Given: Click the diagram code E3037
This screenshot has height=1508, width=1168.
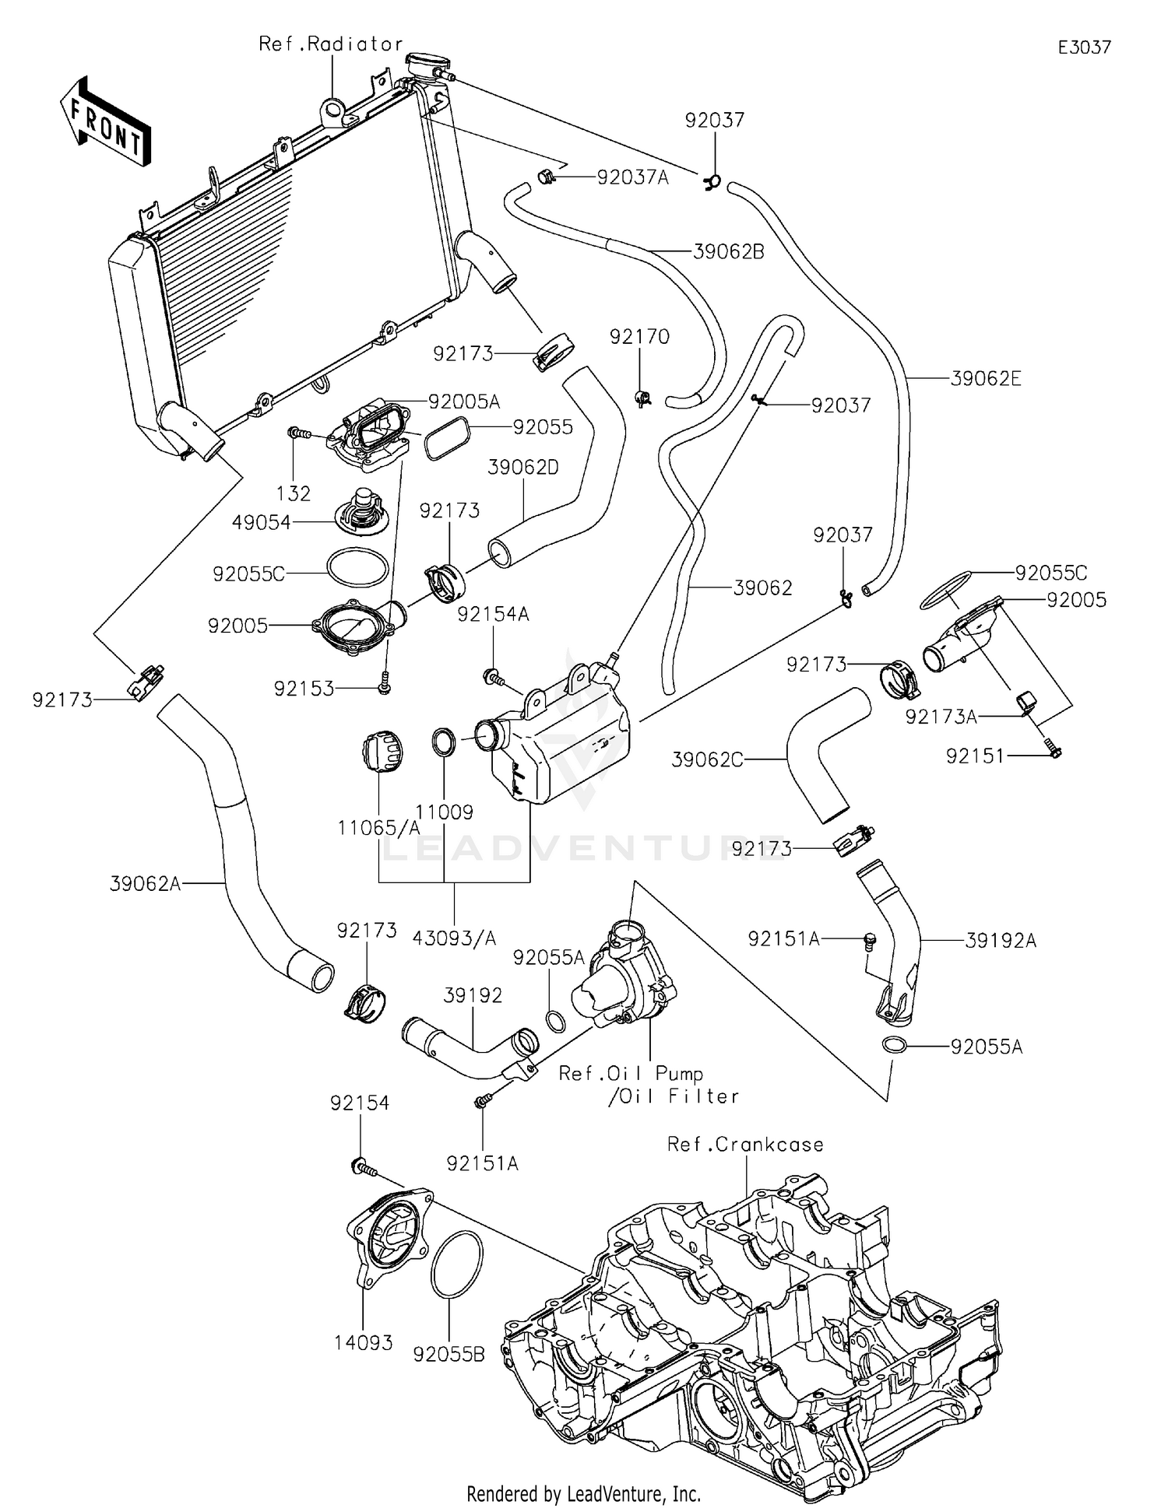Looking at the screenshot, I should (x=1084, y=47).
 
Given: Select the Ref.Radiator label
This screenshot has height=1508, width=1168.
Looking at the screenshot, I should (x=330, y=44).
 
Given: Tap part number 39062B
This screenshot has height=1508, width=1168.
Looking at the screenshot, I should (x=728, y=251).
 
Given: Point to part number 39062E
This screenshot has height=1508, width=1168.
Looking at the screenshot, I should (x=986, y=379).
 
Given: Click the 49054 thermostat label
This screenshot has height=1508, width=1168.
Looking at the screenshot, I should (x=261, y=523).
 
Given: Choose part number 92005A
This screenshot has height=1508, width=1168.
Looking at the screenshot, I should (x=464, y=402).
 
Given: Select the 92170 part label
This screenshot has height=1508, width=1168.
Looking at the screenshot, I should (x=639, y=337).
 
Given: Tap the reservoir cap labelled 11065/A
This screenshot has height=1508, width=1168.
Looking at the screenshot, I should (x=382, y=752).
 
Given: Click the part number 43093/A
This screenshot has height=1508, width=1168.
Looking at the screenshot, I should (x=454, y=938).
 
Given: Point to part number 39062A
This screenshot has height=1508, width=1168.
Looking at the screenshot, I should (x=145, y=883).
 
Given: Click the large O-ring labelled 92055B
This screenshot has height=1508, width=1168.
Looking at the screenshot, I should (x=456, y=1264).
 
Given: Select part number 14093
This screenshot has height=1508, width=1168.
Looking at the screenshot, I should (x=364, y=1343).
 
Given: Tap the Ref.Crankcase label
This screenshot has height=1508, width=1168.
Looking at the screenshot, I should (x=745, y=1145).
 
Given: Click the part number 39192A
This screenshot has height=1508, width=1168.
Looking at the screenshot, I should (x=1001, y=941).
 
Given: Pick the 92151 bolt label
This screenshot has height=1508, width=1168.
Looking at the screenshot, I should (x=975, y=756).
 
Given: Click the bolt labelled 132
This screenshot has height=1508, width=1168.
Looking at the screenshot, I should (x=301, y=433).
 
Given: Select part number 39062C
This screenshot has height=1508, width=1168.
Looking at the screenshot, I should (x=707, y=759).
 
